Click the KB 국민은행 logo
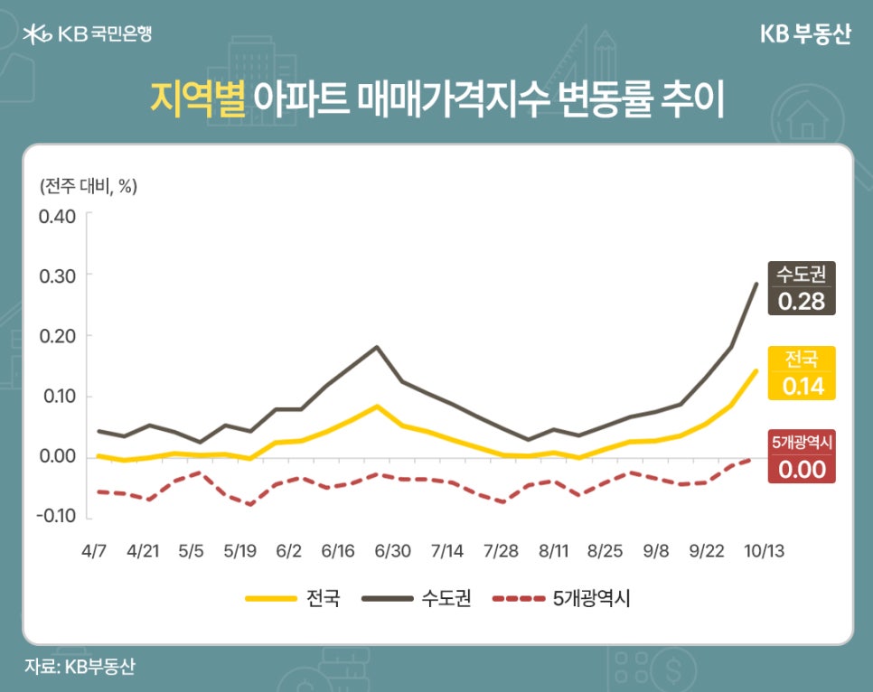pos(88,34)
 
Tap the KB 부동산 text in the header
pos(805,34)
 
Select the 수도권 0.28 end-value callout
pos(802,288)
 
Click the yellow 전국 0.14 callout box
pos(802,373)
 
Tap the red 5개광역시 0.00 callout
pos(802,456)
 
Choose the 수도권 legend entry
pos(416,598)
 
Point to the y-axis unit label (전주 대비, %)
pos(88,187)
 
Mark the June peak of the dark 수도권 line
pos(376,347)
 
